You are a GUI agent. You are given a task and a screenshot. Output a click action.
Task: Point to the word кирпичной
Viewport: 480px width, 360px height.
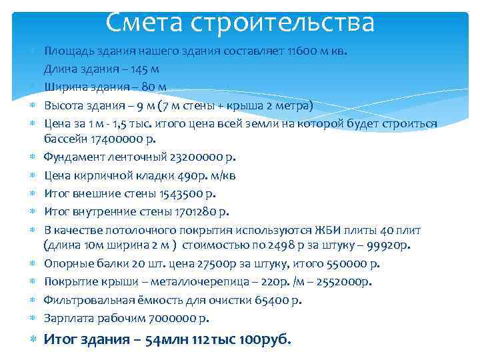click(101, 176)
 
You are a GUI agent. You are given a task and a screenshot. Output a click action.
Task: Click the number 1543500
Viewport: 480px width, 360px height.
click(183, 194)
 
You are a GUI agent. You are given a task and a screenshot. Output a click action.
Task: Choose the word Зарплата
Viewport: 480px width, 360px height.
click(69, 317)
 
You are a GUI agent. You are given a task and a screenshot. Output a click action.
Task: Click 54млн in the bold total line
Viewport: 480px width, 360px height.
click(157, 339)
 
